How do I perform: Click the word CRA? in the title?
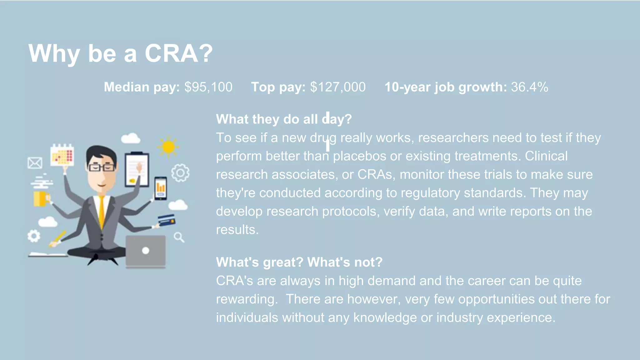pyautogui.click(x=178, y=53)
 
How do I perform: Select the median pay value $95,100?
pyautogui.click(x=208, y=87)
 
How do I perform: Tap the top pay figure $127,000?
pyautogui.click(x=338, y=87)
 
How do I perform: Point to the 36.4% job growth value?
pyautogui.click(x=529, y=87)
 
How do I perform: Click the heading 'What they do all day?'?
pyautogui.click(x=284, y=119)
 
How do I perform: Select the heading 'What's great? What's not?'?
pyautogui.click(x=299, y=262)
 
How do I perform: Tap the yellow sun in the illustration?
pyautogui.click(x=168, y=146)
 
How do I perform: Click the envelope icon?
pyautogui.click(x=35, y=163)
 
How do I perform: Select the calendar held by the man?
pyautogui.click(x=62, y=155)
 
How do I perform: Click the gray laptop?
pyautogui.click(x=146, y=251)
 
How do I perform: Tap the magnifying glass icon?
pyautogui.click(x=179, y=237)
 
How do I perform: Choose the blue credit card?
pyautogui.click(x=166, y=220)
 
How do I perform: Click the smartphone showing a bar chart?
pyautogui.click(x=161, y=188)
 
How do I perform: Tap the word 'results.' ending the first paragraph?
pyautogui.click(x=237, y=230)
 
